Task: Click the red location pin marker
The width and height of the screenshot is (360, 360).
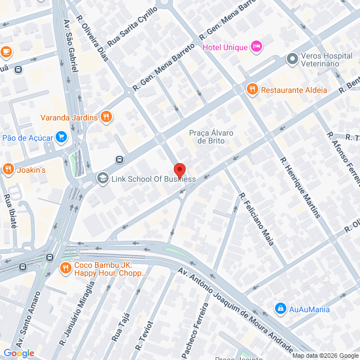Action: click(x=179, y=170)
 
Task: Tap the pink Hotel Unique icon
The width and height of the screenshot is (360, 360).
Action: click(x=256, y=46)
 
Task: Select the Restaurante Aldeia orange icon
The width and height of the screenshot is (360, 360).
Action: click(x=252, y=89)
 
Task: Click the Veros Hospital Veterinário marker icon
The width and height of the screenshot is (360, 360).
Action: click(x=292, y=58)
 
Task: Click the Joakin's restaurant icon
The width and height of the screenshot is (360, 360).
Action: click(x=8, y=168)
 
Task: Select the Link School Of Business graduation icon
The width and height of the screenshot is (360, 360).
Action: click(x=102, y=179)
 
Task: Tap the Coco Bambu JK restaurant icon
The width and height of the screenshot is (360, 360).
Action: click(x=66, y=268)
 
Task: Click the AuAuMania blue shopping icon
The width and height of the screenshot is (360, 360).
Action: click(x=280, y=308)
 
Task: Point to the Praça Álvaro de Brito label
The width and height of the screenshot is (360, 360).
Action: click(x=211, y=136)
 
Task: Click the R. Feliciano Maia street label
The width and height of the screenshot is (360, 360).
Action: click(x=255, y=219)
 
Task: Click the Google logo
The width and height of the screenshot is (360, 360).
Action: click(x=18, y=353)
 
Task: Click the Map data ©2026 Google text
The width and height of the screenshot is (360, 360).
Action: click(x=325, y=355)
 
